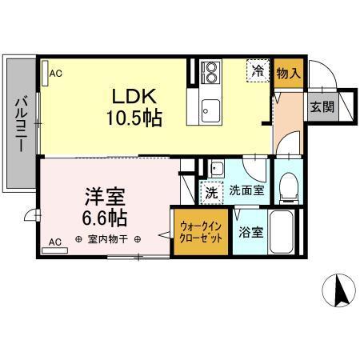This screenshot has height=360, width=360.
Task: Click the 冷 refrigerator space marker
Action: coord(258,70)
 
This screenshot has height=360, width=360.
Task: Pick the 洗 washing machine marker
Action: coord(211,192)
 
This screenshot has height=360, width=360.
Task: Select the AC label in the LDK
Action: coord(55,73)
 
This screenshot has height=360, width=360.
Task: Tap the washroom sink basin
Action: coord(216,170)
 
